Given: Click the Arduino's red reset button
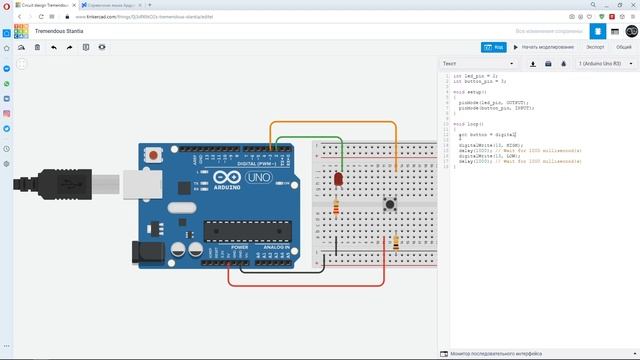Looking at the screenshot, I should pyautogui.click(x=153, y=156).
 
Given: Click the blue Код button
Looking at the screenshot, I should pyautogui.click(x=493, y=46).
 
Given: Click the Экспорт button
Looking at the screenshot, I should pyautogui.click(x=595, y=46).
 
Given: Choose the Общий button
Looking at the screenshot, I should pyautogui.click(x=623, y=46).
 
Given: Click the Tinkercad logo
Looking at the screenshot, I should pyautogui.click(x=19, y=32).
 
